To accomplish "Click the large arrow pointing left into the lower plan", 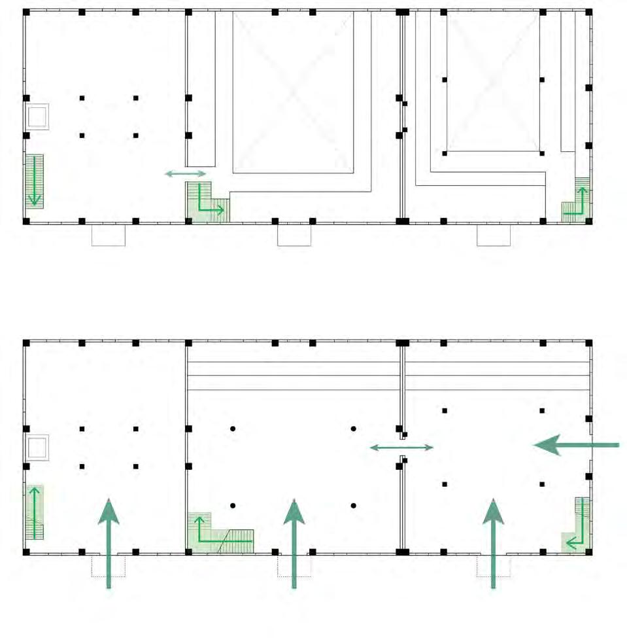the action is point(575,445).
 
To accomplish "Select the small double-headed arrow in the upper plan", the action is point(186,173).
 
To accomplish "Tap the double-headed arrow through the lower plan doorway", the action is point(401,448).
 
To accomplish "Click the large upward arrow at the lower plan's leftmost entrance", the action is point(109,543).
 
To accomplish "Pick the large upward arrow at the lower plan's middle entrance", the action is point(294,543).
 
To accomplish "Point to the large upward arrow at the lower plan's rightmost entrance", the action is point(494,543).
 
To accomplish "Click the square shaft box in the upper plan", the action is point(37,116).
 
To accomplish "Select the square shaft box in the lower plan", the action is point(37,448).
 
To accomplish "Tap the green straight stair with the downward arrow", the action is point(34,181).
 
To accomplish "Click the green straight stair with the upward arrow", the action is point(34,512).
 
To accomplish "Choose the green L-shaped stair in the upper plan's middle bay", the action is point(205,203).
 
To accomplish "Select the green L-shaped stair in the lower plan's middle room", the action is point(216,533).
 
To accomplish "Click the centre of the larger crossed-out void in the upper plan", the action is point(293,92).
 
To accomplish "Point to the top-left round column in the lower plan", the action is point(233,429).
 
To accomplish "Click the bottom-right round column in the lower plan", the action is point(353,505).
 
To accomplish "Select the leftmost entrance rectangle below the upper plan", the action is point(109,235).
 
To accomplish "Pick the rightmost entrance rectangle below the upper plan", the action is point(494,235).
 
